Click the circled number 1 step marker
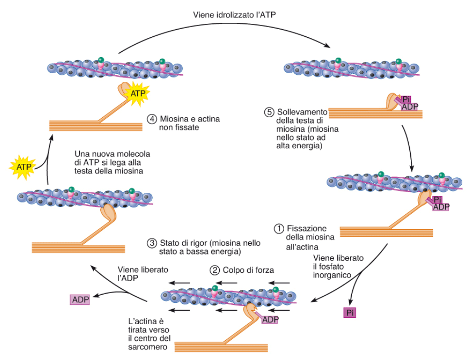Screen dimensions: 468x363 point(279,229)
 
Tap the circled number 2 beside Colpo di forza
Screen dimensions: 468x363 point(214,270)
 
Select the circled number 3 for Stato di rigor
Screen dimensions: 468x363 point(152,243)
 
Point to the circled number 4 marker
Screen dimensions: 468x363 point(152,119)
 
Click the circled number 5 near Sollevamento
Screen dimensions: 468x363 point(269,112)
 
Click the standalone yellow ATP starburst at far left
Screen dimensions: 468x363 point(23,167)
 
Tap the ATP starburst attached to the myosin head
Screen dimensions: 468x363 point(138,94)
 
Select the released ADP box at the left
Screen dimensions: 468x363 point(80,300)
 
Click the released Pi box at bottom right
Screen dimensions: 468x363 point(350,313)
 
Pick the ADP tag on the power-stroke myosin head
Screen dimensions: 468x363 point(270,320)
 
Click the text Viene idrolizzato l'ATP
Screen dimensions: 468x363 point(234,15)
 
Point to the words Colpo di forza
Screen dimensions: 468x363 point(248,270)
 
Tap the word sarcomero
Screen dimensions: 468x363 point(148,347)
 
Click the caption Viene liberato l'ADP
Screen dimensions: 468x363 point(143,274)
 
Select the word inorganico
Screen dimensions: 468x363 point(332,275)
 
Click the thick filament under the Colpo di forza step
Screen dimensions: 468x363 point(221,347)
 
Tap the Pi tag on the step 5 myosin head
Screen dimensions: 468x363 point(406,99)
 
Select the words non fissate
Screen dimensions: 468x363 point(179,127)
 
